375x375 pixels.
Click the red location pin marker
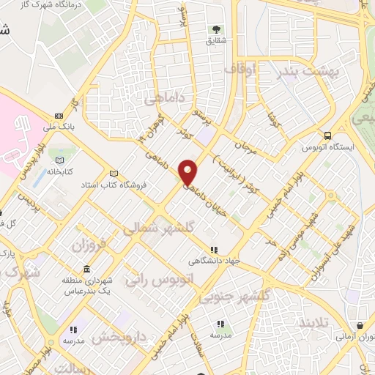(188, 172)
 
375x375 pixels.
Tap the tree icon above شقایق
(216, 30)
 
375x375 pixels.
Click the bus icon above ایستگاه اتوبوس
(327, 135)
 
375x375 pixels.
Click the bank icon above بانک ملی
(59, 115)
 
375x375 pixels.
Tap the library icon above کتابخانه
(60, 161)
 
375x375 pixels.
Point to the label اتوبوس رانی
(153, 278)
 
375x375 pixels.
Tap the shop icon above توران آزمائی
(360, 327)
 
